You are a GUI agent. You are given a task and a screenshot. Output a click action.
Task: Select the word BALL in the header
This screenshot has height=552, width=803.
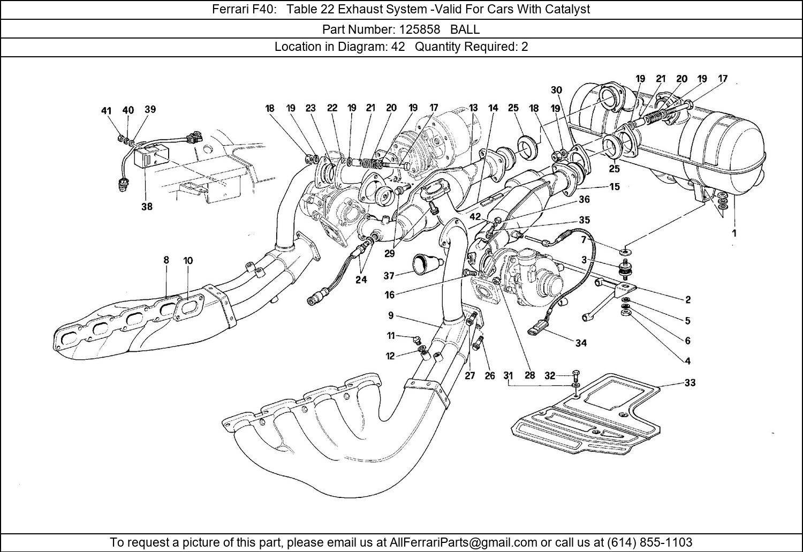[x=465, y=29]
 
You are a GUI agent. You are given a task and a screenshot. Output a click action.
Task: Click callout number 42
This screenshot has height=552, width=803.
[x=476, y=217]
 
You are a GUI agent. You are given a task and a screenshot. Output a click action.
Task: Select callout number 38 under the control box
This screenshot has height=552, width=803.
[x=147, y=207]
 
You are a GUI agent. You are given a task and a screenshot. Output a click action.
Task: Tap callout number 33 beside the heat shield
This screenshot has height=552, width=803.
[x=690, y=383]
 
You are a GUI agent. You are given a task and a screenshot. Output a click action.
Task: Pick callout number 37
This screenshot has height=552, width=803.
[x=389, y=276]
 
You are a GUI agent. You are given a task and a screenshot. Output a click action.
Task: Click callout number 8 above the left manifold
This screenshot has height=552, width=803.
[x=166, y=260]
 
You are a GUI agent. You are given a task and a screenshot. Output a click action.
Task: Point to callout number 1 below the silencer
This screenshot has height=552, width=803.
[x=734, y=233]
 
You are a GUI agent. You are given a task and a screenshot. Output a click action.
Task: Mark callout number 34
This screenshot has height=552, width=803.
[x=581, y=343]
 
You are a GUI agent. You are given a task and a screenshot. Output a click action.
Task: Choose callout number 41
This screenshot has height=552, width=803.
[x=106, y=111]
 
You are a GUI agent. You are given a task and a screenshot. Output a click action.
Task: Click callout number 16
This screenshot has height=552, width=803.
[x=389, y=294]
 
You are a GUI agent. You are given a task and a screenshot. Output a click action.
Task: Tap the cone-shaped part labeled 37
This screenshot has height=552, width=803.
[x=425, y=264]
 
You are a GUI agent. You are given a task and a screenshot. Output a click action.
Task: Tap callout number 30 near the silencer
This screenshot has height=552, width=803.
[x=556, y=90]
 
